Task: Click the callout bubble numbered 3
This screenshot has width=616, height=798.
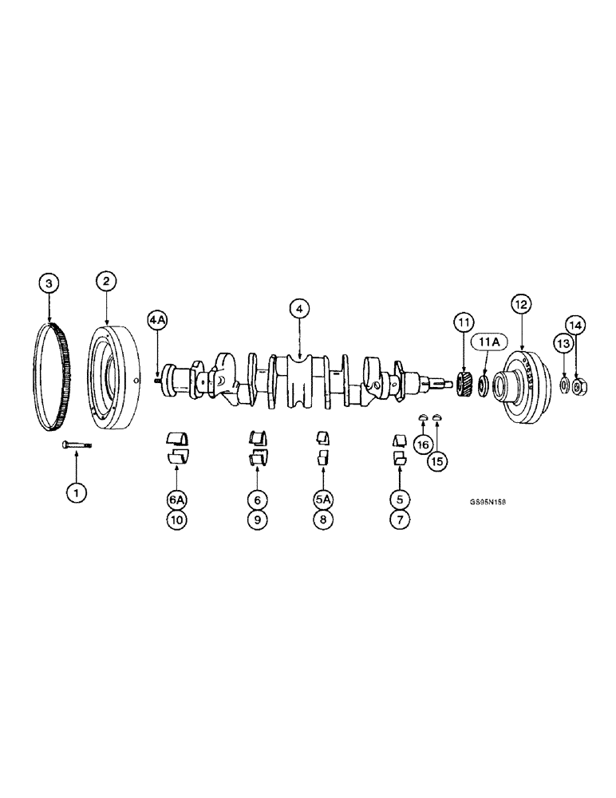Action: [x=49, y=283]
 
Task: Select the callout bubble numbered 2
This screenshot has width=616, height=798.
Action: [x=106, y=281]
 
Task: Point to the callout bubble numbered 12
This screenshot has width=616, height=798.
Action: [x=520, y=304]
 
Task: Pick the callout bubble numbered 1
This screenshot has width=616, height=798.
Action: [x=77, y=493]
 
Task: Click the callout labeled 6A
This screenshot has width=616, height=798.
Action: [x=176, y=500]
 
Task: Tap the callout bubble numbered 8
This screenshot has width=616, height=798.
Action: [x=322, y=519]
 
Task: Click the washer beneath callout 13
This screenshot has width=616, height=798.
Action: [x=565, y=386]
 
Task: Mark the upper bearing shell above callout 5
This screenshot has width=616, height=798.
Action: [x=399, y=440]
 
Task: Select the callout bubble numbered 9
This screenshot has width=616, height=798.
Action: [x=255, y=519]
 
